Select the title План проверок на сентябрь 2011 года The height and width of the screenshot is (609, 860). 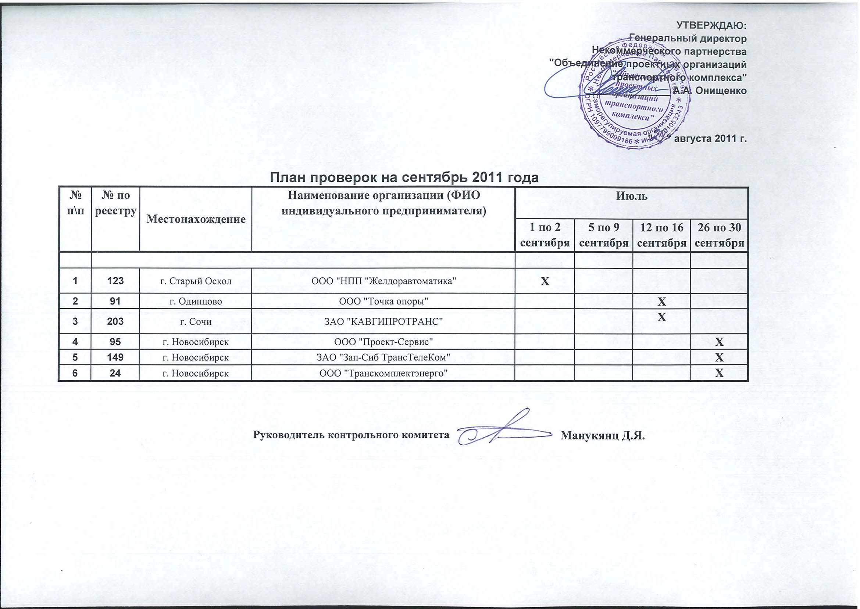tap(404, 177)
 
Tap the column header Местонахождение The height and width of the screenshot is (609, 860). tap(196, 219)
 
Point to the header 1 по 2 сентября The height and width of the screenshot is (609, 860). tap(545, 235)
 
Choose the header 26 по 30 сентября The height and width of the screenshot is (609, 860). tap(719, 235)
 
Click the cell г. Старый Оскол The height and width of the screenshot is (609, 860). tap(196, 281)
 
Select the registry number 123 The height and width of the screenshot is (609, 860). tap(115, 281)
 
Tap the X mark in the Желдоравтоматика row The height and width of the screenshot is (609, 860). tap(545, 281)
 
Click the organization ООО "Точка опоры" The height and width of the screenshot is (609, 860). tap(383, 302)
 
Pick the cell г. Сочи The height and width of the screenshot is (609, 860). tap(196, 322)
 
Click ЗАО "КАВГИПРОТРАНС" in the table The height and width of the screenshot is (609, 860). tap(383, 322)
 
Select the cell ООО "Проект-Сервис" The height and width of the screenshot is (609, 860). tap(383, 342)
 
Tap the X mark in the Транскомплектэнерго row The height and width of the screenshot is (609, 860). tap(719, 374)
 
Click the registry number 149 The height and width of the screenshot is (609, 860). tap(115, 357)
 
